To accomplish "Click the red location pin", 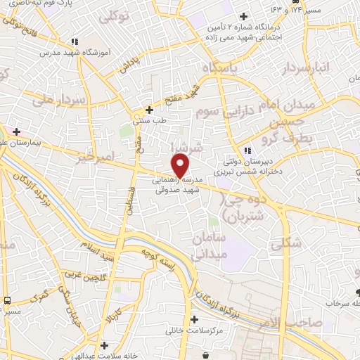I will point(180,165).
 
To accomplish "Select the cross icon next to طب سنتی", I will point(149,110).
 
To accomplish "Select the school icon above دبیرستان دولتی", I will point(247,150).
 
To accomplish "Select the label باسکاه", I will point(221,68).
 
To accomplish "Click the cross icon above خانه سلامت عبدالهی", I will point(105,345).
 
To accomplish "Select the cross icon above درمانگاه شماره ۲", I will point(243,16).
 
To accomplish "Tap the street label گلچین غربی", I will point(82,276).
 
